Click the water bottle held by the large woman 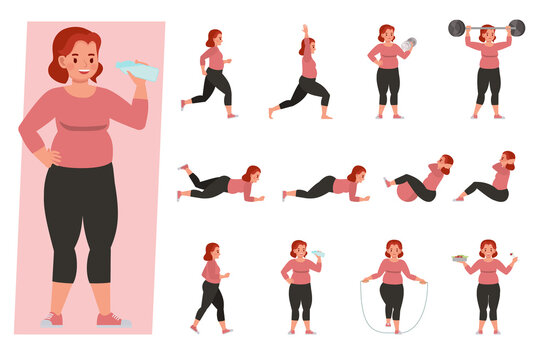(x=137, y=70)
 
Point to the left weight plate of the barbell (x=457, y=27)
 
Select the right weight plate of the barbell (x=516, y=27)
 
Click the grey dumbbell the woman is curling (x=408, y=44)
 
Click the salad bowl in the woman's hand (x=460, y=259)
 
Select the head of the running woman (x=213, y=38)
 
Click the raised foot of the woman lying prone (x=184, y=168)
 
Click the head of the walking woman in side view (x=210, y=252)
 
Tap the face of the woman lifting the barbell (x=487, y=35)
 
